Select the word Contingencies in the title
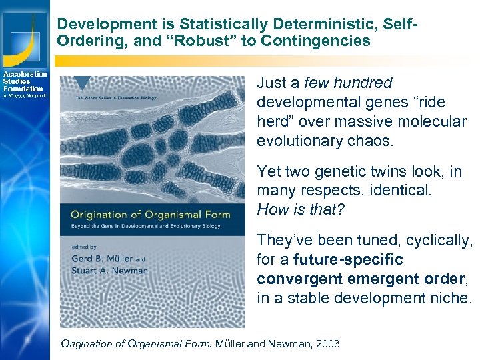317,41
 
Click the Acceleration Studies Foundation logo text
24,81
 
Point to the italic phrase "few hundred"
348,83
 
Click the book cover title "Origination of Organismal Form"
151,214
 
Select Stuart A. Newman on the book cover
109,271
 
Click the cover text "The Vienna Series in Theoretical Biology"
117,98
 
